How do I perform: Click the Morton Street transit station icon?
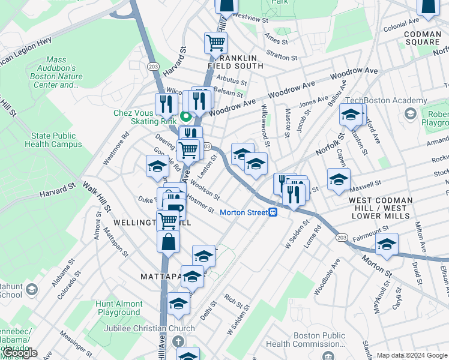(273, 212)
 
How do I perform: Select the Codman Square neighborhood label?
(422, 38)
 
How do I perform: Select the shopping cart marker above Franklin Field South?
(215, 43)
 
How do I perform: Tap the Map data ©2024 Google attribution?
(411, 355)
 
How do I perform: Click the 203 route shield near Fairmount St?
(342, 238)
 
